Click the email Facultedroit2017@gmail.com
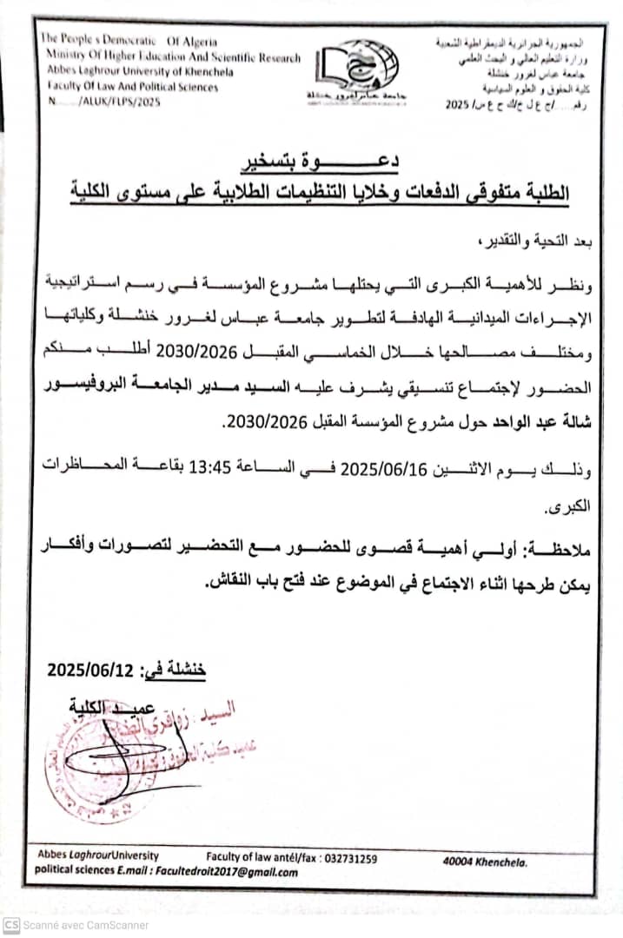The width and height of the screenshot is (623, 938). tap(225, 873)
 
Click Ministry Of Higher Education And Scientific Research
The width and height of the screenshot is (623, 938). tap(169, 57)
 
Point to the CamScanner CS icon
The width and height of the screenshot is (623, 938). tap(11, 925)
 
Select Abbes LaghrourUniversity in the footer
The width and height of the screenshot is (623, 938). tap(97, 856)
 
